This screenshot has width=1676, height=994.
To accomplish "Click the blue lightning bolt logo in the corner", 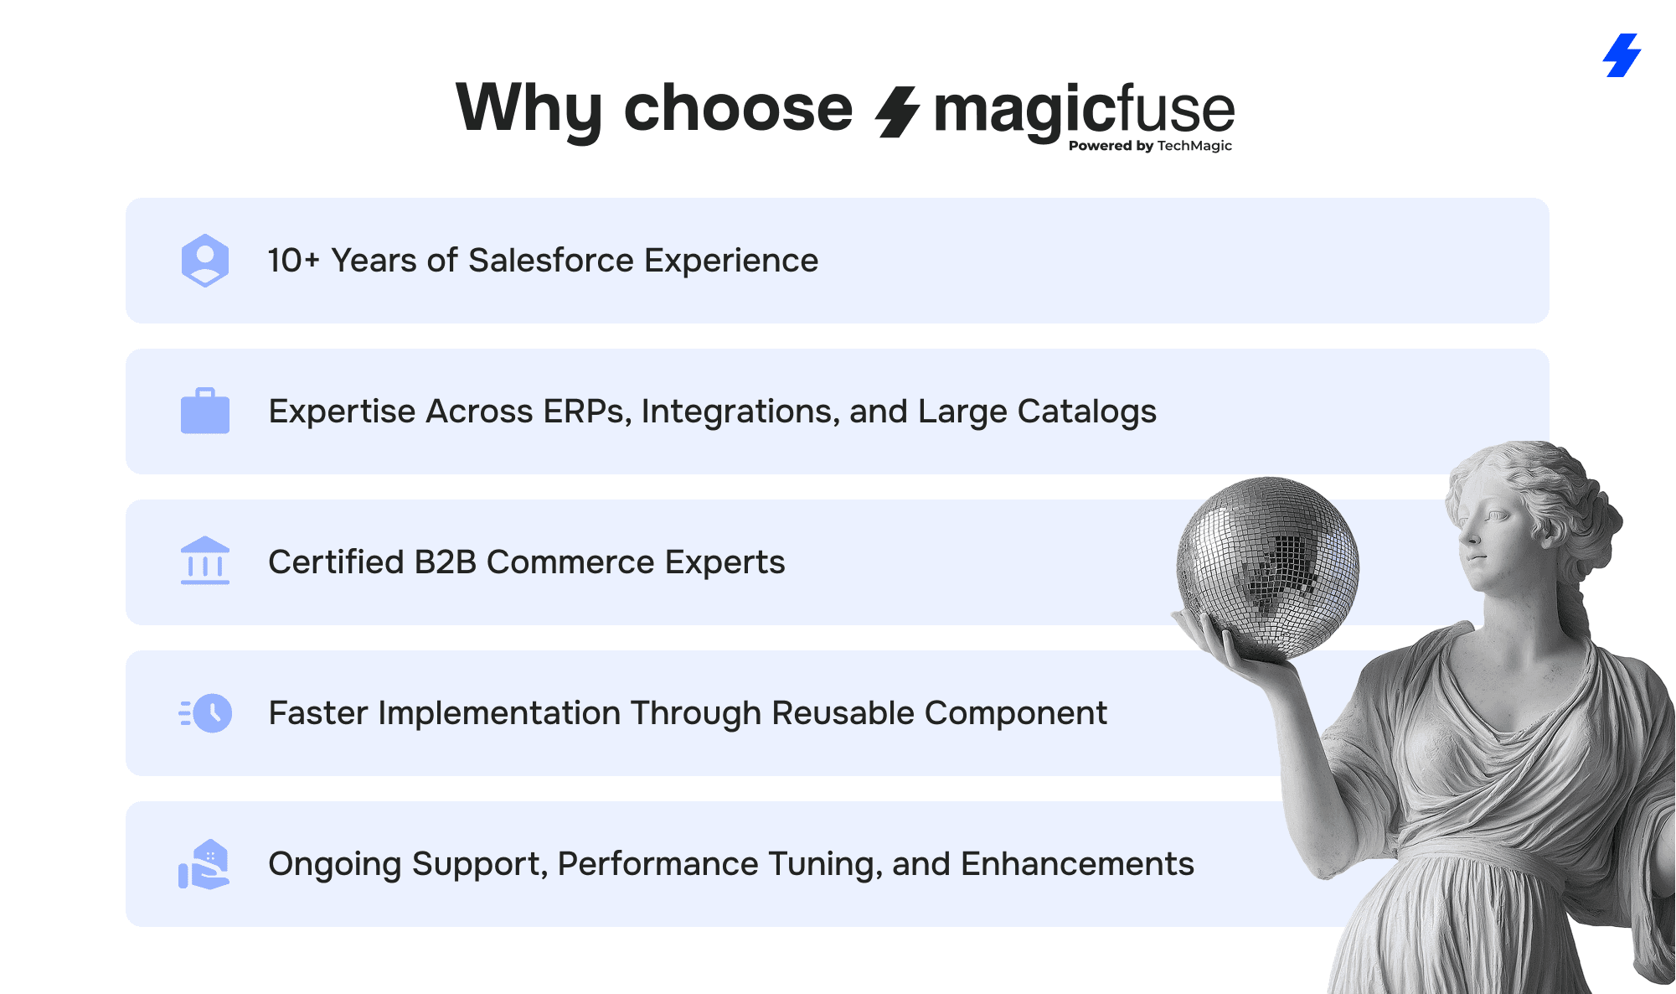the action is coord(1622,55).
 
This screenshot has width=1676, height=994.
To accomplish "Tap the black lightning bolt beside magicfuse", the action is coord(897,111).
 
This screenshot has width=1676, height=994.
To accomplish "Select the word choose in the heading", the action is coord(738,108).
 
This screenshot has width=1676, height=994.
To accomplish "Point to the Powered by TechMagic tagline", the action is coord(1150,146).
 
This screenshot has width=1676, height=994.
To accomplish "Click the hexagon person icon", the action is coord(205,261).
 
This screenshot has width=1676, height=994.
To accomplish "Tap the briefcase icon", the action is coord(205,411).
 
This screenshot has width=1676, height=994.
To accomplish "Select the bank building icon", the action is coord(205,561).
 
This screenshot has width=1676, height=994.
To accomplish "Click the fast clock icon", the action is coord(206,713).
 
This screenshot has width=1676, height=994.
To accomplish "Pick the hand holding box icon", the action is coord(204,864).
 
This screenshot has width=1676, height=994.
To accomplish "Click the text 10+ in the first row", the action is coord(294,261).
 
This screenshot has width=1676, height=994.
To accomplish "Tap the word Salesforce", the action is coord(551,261).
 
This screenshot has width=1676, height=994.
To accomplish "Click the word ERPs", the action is coord(587,412).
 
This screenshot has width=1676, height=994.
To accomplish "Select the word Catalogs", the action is coord(1087,412).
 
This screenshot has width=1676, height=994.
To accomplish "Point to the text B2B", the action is coord(446,562).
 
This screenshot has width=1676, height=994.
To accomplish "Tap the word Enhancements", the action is coord(1077,864).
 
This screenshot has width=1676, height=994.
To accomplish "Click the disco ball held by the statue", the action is coord(1267,567).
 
